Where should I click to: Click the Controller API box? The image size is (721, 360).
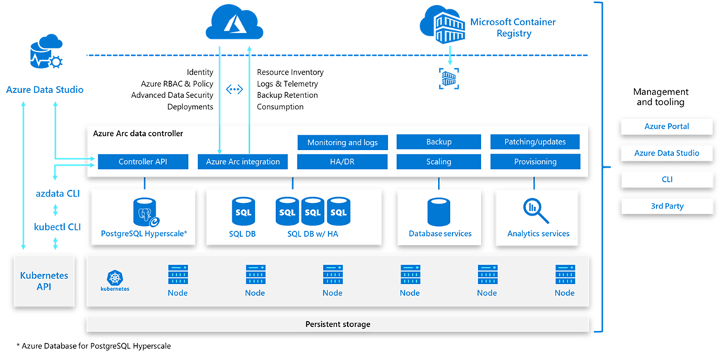(143, 162)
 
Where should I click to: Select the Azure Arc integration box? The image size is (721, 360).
(243, 162)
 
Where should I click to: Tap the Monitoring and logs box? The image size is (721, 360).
(342, 142)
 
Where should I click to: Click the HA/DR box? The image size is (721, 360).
(342, 162)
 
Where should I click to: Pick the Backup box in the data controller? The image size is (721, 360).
(439, 142)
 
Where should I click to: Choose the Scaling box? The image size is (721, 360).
(439, 162)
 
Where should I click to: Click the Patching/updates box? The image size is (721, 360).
(535, 142)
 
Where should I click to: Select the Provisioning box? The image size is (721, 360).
(535, 162)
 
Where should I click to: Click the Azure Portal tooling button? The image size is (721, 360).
(667, 127)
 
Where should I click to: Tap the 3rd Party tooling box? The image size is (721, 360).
(667, 206)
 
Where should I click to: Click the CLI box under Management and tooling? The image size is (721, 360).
(667, 180)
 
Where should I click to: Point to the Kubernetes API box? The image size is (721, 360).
(44, 281)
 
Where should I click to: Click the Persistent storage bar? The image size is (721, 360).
(338, 324)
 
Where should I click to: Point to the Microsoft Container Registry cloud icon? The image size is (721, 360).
(442, 24)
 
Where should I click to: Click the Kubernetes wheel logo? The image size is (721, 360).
(115, 277)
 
